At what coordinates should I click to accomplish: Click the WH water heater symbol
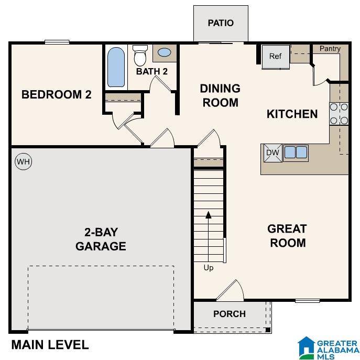point(23,162)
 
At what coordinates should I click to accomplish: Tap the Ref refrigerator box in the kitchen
point(276,57)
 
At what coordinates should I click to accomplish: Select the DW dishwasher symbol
point(272,152)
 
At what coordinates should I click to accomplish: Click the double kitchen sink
point(296,152)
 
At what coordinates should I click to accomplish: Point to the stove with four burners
point(339,114)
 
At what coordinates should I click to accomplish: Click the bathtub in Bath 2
point(116,67)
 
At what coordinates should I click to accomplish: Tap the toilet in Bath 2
point(140,54)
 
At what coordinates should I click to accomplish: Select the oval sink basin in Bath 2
point(164,53)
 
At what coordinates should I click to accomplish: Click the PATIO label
point(220,23)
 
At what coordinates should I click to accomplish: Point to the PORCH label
point(230,314)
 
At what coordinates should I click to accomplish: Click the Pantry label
point(330,49)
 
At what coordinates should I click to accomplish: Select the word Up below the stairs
point(209,268)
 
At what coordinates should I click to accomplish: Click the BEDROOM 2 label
point(57,95)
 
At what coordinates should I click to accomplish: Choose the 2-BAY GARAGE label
point(101,239)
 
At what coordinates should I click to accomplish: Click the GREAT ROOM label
point(287,236)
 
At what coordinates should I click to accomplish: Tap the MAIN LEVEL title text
point(50,345)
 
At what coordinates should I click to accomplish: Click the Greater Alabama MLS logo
point(328,347)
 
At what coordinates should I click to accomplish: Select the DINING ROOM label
point(220,95)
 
